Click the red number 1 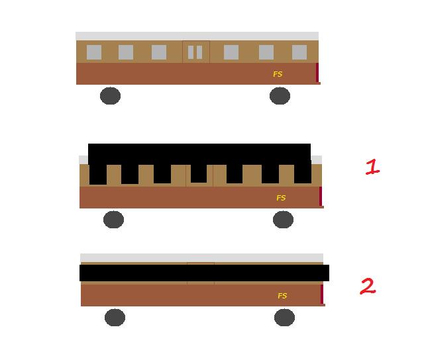pos(372,167)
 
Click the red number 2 pos(368,286)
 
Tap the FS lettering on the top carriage pos(278,74)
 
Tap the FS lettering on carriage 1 pos(281,198)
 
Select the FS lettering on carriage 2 pos(282,296)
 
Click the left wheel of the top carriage pos(110,95)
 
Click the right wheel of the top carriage pos(280,95)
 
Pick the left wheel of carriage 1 pos(113,219)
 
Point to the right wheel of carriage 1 pos(283,219)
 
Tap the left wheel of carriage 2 pos(115,318)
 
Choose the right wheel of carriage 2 pos(284,318)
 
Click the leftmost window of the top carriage pos(94,52)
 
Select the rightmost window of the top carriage pos(299,52)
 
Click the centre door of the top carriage pos(196,52)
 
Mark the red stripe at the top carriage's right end pos(317,72)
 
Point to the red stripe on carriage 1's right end pos(321,196)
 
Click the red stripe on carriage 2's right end pos(322,294)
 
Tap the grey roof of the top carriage pos(197,36)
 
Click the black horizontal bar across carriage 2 pos(204,273)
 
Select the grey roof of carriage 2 pos(201,257)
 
